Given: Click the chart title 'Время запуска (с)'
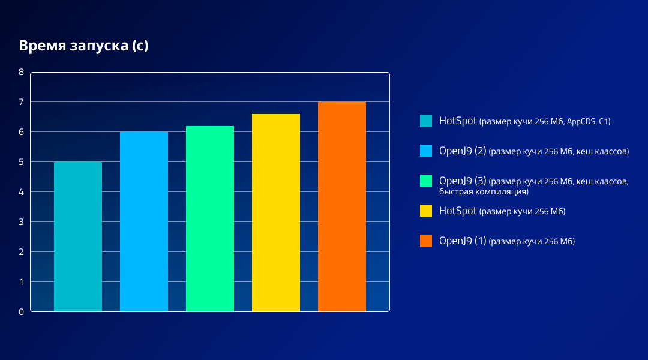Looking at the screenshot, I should coord(83,46).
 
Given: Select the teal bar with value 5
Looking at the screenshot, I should coord(78,236).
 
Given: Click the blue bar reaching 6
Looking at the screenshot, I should coord(144,221).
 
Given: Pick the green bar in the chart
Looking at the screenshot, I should coord(210,218).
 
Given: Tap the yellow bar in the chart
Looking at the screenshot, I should coord(276,212).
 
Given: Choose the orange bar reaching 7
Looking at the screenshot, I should coord(342,206).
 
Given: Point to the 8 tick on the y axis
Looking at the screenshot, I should coord(21,72).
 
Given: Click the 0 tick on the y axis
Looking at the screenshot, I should coord(21,312).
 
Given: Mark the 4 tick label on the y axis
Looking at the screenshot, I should coord(21,192).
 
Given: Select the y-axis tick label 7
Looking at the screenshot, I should coord(21,102).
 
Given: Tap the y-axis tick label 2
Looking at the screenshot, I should coord(21,252).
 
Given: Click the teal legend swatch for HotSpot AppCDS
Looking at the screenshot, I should coord(426,121).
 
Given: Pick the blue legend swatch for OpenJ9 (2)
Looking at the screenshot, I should coord(426,151).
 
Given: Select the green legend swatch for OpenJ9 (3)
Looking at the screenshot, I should coord(426,181).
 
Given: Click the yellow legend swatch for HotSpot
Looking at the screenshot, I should coord(426,211).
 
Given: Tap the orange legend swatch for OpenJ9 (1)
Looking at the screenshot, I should coord(426,241).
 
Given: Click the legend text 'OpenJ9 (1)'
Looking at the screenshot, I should coord(463,241).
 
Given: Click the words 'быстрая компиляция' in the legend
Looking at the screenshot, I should coord(483,192).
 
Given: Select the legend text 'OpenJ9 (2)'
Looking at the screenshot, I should coord(463,151).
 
